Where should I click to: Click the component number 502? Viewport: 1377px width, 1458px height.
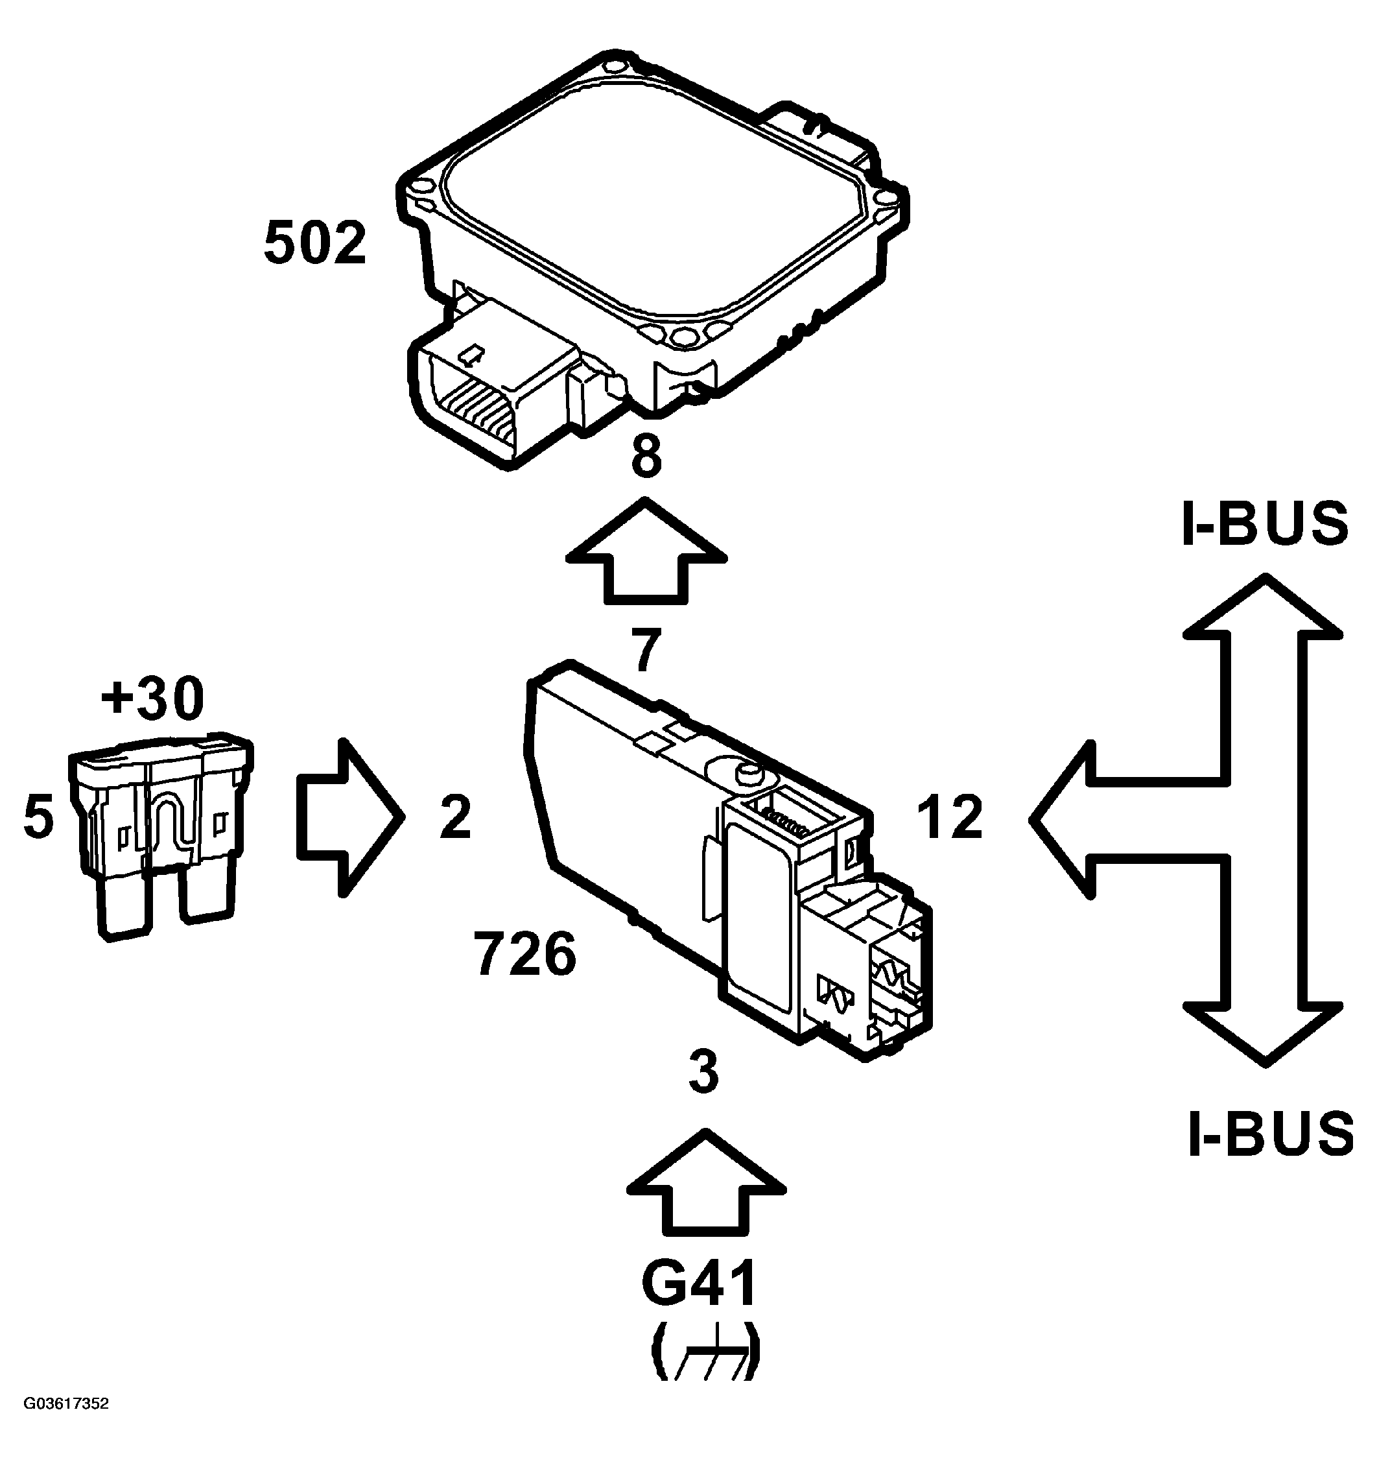[x=314, y=244]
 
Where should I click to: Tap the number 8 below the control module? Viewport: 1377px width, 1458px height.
[x=646, y=457]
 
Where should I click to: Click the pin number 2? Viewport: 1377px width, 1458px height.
[x=455, y=817]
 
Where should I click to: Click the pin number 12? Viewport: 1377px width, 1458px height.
[x=950, y=817]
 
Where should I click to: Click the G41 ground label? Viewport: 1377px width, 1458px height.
[x=699, y=1285]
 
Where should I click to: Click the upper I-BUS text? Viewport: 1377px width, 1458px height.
[x=1265, y=524]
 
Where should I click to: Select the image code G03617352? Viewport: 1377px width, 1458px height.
[x=66, y=1424]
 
